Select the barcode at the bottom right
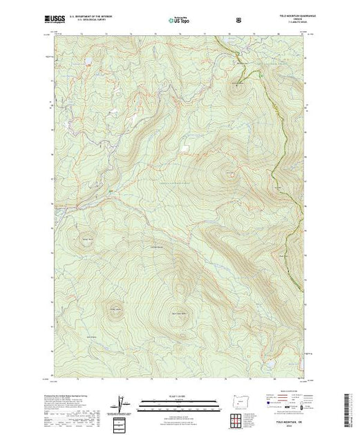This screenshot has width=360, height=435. click(x=350, y=407)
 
